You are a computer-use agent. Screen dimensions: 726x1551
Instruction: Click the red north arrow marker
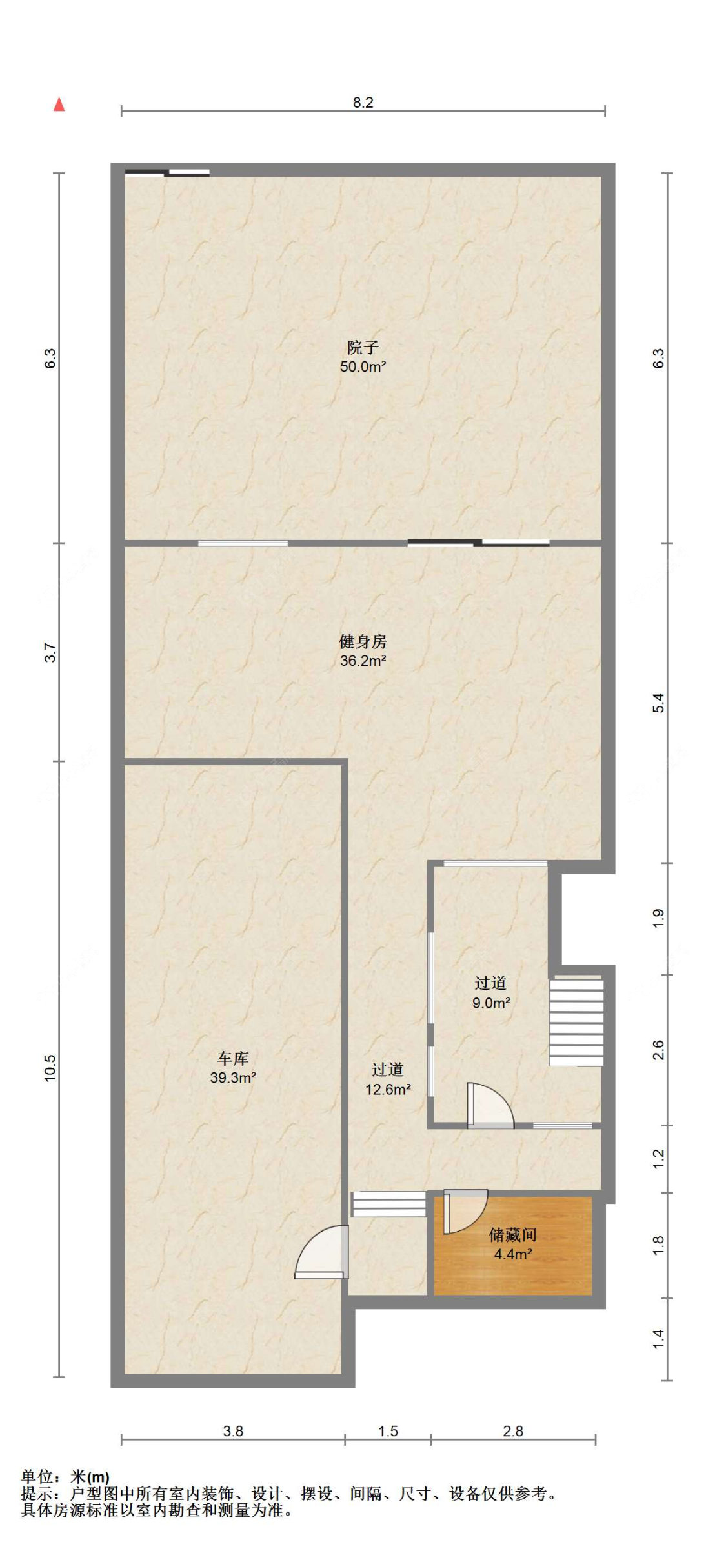(x=59, y=104)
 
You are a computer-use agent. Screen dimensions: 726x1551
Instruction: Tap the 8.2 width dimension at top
(x=363, y=103)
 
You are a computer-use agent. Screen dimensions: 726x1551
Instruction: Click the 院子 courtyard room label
(x=363, y=348)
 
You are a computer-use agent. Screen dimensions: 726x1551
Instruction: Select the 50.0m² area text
(x=363, y=367)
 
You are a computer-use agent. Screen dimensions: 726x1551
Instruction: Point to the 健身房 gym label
(x=363, y=641)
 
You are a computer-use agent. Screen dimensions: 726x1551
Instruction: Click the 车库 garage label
(x=233, y=1058)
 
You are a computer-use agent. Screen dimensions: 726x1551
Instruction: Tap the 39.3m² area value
(x=233, y=1077)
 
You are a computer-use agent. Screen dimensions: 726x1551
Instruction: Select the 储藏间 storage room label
(x=513, y=1235)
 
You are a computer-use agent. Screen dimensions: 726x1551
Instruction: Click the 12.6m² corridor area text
(x=388, y=1090)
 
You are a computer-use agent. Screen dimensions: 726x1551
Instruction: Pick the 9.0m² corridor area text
(x=491, y=1003)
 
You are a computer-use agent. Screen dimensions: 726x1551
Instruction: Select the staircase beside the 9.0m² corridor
(x=576, y=1023)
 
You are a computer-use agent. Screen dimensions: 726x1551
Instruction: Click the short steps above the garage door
(x=388, y=1204)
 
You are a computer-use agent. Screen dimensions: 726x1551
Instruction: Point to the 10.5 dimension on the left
(x=50, y=1068)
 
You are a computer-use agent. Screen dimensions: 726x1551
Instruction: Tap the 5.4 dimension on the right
(x=658, y=703)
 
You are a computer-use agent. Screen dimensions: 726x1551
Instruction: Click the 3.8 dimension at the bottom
(x=233, y=1431)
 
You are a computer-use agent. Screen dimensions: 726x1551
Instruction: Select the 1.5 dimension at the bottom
(x=388, y=1431)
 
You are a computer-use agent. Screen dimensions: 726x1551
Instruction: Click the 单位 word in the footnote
(x=36, y=1477)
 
